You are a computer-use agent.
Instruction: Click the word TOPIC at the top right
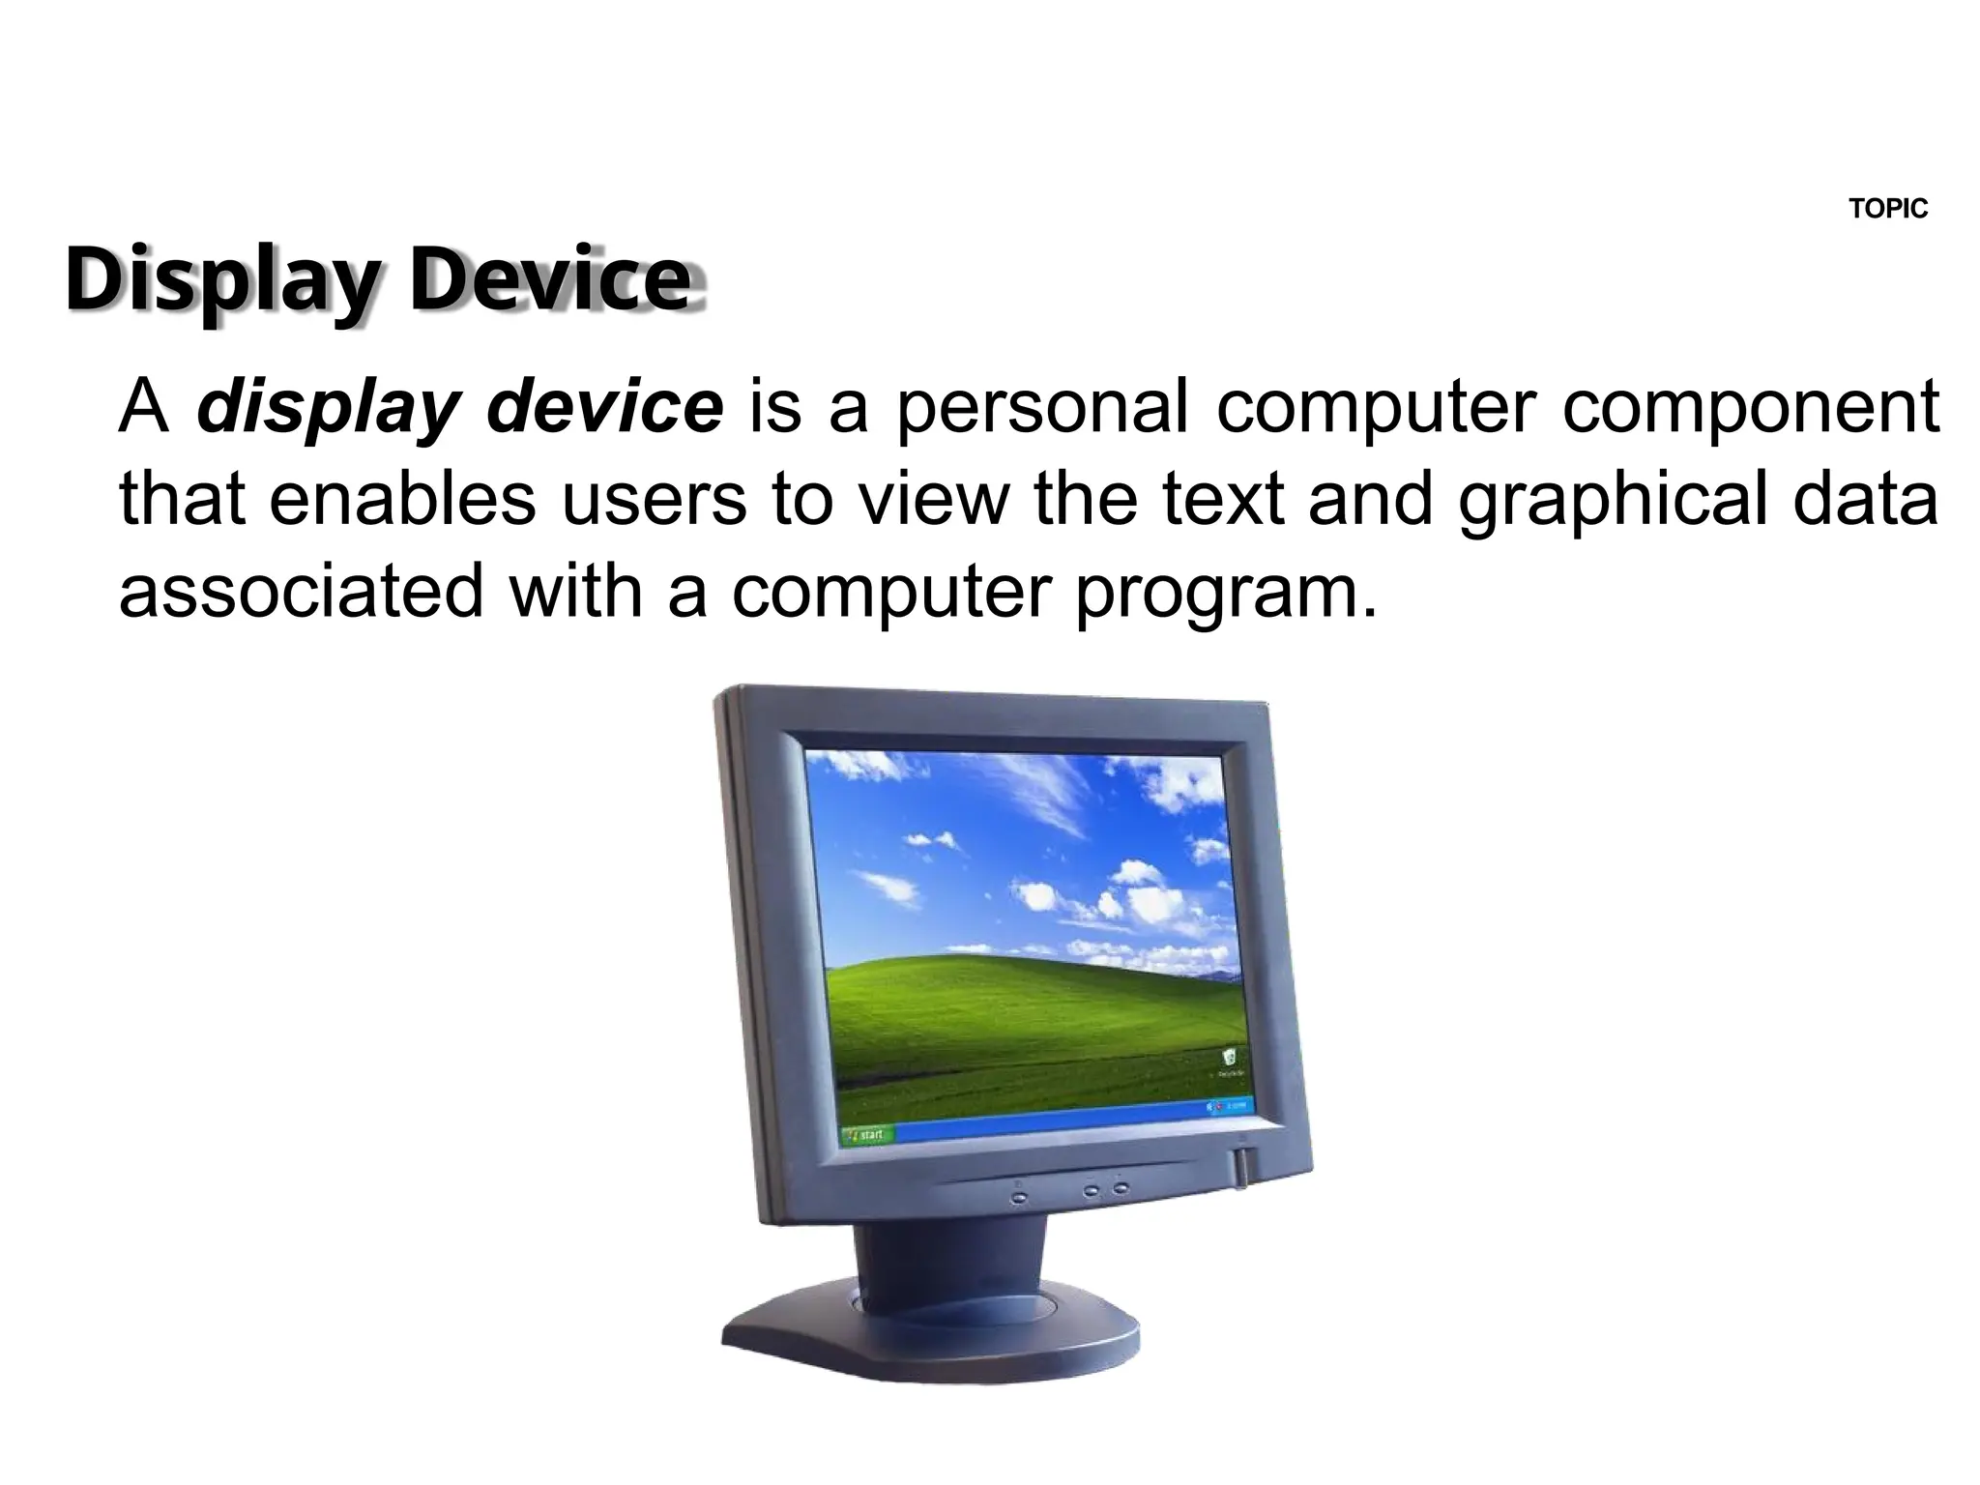(x=1887, y=209)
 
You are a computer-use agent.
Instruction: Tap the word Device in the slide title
(x=551, y=279)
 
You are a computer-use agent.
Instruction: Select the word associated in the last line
(x=301, y=592)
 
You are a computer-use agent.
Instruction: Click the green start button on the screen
(x=866, y=1134)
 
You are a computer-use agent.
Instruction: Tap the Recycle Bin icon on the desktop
(x=1230, y=1058)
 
